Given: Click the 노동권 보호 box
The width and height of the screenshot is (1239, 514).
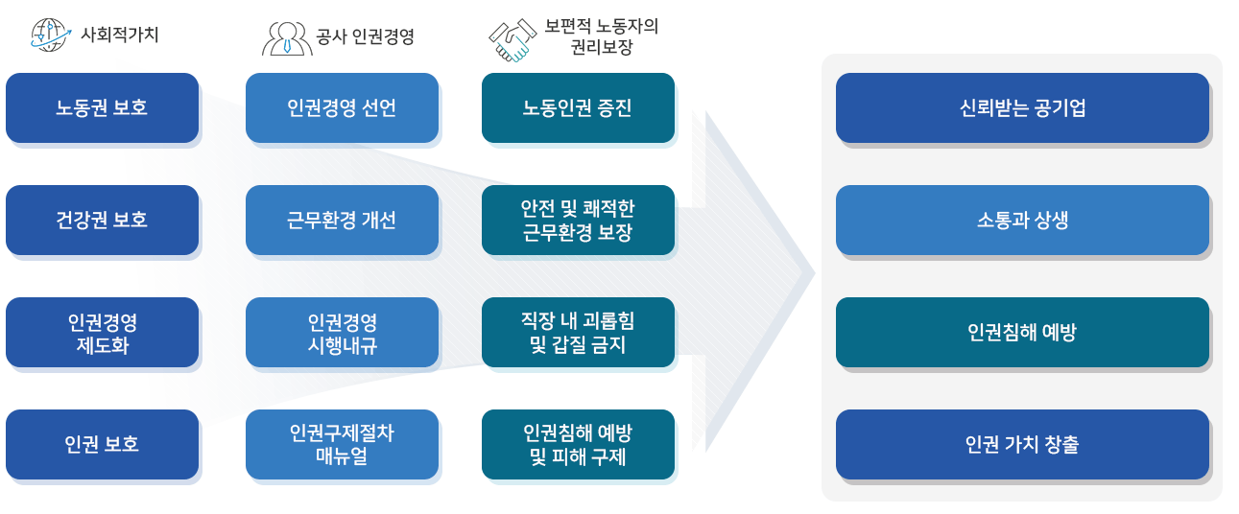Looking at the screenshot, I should (x=102, y=108).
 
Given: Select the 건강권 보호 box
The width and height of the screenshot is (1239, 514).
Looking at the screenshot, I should (x=102, y=221).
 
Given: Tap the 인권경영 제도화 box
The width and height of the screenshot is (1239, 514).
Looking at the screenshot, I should (x=102, y=333).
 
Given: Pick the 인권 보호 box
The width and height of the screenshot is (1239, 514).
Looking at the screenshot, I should (x=102, y=445).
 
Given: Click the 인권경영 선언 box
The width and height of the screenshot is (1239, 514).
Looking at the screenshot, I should (x=342, y=108).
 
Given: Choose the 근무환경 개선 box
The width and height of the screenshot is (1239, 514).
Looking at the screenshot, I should (x=342, y=221).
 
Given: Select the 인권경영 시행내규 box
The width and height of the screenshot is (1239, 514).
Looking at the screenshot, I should (x=342, y=333).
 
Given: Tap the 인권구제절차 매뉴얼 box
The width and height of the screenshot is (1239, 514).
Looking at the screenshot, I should (x=342, y=445).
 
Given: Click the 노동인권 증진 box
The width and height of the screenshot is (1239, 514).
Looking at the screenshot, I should (x=578, y=108).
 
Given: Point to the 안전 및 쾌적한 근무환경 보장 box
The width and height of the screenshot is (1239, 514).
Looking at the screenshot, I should (x=578, y=221).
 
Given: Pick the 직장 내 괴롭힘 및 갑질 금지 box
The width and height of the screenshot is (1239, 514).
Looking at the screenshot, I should (x=578, y=333).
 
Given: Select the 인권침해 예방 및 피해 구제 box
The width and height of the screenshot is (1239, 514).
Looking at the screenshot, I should (x=578, y=445).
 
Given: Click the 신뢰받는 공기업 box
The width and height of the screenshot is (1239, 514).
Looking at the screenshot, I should (x=1022, y=108).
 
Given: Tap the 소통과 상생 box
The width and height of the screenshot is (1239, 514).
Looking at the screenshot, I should (x=1022, y=221).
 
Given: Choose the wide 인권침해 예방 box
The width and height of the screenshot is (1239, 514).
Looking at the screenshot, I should (x=1022, y=333).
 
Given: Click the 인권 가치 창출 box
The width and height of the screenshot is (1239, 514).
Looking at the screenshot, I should (x=1022, y=445).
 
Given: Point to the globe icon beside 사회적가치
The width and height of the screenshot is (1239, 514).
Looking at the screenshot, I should (x=51, y=35).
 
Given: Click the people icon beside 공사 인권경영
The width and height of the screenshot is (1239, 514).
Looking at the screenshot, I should (x=287, y=38).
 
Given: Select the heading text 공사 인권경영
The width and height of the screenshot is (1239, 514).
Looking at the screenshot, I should (x=365, y=38).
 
